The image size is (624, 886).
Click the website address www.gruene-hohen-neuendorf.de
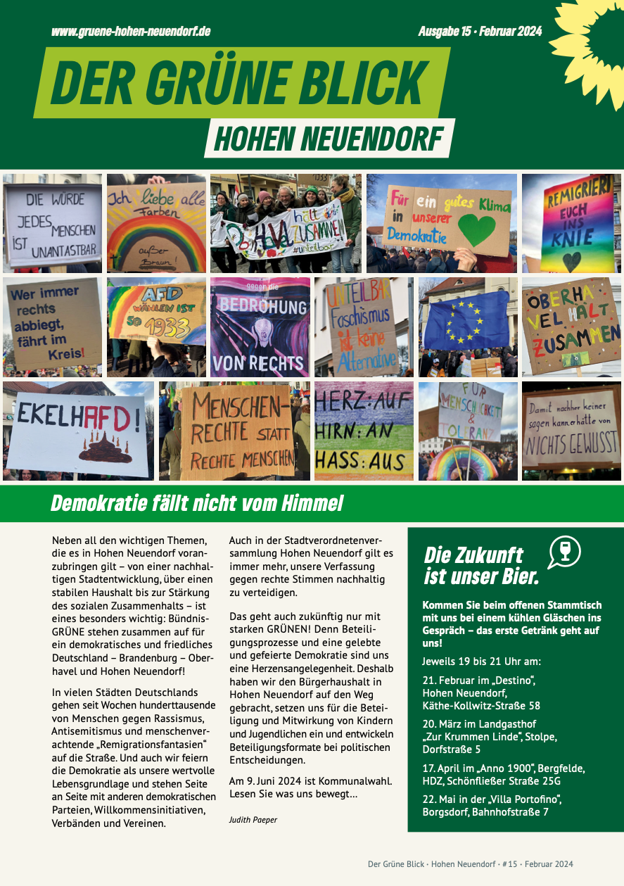point(131,32)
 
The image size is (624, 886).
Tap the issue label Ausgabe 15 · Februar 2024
point(480,32)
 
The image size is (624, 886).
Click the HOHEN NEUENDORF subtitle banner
point(329,139)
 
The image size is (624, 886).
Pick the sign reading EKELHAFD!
point(77,429)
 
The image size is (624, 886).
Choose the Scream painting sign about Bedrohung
point(260,327)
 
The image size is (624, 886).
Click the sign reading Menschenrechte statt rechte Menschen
point(236,431)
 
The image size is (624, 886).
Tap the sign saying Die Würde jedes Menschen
point(53,223)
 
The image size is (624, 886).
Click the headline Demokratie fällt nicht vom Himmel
point(197,503)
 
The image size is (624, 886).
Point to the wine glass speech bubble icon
point(564,552)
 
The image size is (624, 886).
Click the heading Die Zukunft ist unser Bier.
point(482,566)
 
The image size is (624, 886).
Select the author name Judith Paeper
point(253,820)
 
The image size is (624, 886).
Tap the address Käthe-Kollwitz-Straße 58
point(481,705)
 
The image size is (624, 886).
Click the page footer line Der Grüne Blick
point(470,864)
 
